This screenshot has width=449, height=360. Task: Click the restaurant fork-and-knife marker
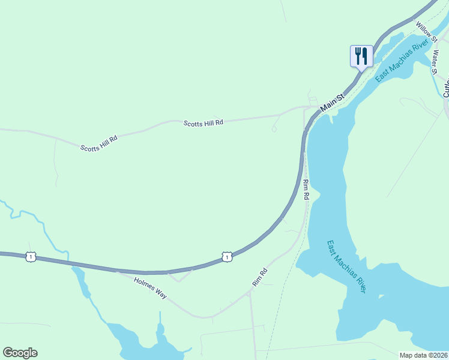coord(361,56)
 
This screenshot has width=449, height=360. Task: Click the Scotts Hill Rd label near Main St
coord(203,122)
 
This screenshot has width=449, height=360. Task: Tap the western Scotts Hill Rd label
coord(99,143)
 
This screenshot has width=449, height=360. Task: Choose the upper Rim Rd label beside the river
coord(306,189)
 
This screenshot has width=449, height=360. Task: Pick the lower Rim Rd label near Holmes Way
coord(259,277)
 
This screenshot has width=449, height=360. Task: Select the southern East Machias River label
coord(347,267)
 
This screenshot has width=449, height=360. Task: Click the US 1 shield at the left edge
coord(30,257)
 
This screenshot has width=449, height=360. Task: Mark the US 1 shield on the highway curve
coord(226,257)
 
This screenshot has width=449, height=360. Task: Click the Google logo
coord(20,353)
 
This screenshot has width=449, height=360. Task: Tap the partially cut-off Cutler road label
coord(446,90)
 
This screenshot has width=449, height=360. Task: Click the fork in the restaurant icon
coord(358,56)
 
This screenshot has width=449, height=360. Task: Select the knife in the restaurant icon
coord(365,56)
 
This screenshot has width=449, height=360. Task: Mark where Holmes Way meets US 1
coord(118,272)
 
